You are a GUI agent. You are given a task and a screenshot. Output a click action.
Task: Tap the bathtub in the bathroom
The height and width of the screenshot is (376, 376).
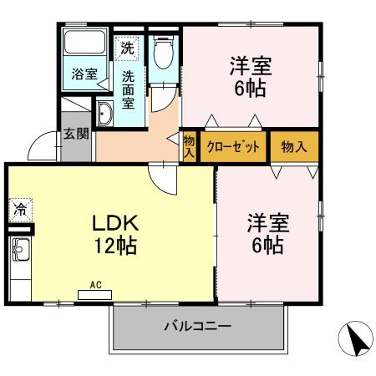83,45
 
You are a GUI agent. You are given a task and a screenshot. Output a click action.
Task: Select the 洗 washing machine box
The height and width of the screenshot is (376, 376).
128,48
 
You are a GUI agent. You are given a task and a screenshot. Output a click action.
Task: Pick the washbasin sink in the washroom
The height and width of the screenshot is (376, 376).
106,114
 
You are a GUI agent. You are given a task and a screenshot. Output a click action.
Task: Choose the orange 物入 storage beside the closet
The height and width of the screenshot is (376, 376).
294,146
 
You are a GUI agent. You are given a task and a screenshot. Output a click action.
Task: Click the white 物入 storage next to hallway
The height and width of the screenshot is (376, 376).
189,146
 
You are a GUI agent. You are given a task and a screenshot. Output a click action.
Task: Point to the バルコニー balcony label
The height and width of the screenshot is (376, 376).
197,326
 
